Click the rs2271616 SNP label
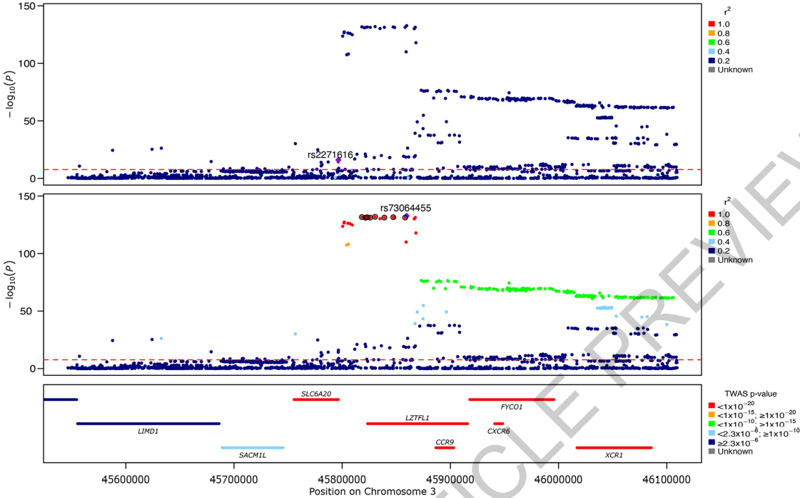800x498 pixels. pos(330,154)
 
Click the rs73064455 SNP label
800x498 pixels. pos(405,208)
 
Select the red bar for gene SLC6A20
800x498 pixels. pos(316,399)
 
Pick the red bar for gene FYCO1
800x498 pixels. pos(512,399)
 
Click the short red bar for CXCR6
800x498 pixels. pos(498,424)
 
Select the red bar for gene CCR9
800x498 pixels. pos(445,448)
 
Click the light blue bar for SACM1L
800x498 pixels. pos(253,448)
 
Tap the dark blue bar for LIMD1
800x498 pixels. pos(148,424)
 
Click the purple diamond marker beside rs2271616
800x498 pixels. pos(338,160)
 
